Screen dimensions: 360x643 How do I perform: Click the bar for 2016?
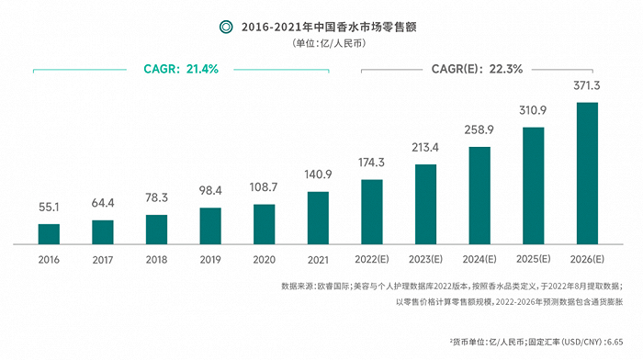point(49,234)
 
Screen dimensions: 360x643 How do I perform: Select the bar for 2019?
point(210,226)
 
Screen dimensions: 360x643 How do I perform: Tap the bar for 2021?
point(318,218)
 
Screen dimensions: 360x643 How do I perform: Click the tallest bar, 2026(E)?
point(586,174)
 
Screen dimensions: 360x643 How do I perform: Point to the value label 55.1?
point(49,208)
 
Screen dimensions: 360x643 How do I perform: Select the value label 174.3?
point(371,164)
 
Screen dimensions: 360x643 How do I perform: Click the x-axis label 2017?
point(103,260)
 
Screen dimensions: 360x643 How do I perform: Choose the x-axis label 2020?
point(264,260)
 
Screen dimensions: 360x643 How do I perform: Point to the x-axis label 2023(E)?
point(425,260)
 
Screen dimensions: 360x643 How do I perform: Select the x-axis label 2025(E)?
point(533,260)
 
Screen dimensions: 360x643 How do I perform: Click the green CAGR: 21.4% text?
point(181,69)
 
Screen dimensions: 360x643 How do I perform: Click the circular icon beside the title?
point(225,27)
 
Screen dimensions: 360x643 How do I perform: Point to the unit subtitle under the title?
point(321,44)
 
